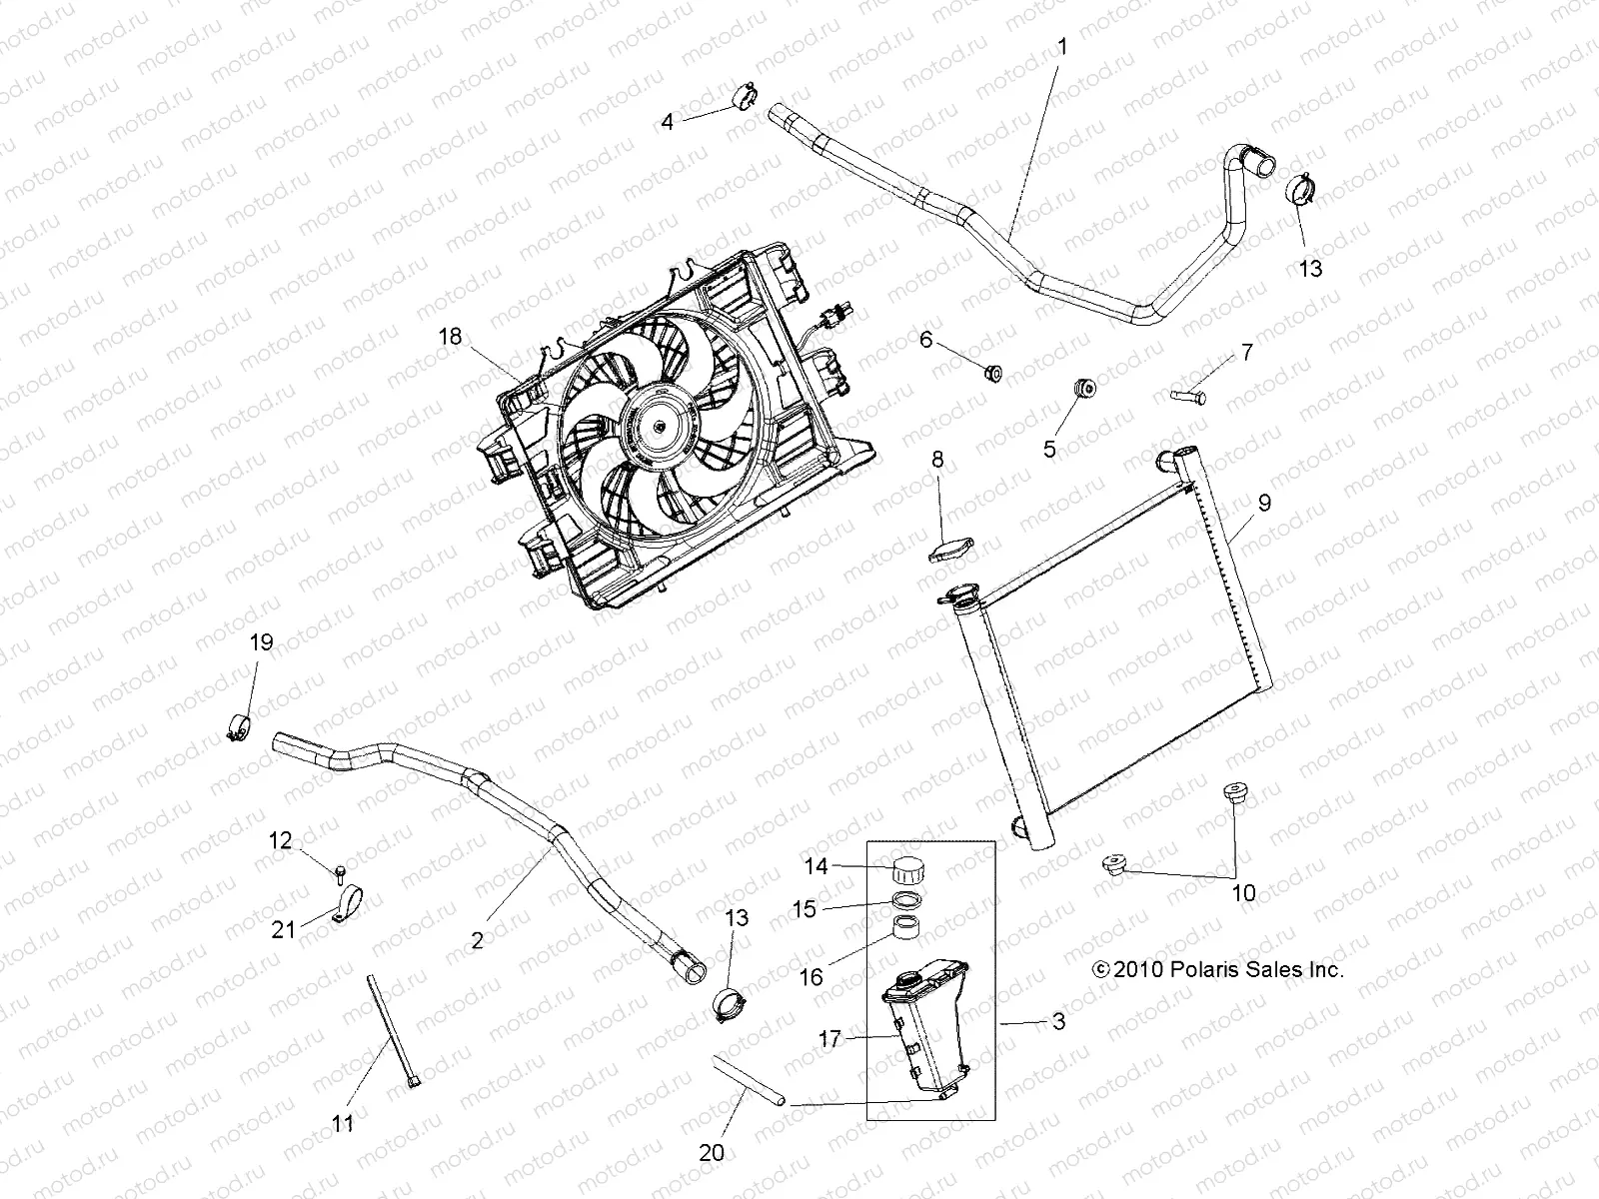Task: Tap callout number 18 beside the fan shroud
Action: point(451,337)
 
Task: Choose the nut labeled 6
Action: point(992,374)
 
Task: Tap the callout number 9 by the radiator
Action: point(1264,503)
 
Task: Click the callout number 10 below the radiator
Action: point(1243,892)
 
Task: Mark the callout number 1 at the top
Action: point(1062,46)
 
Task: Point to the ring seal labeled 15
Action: point(906,899)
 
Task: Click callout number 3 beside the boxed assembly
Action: point(1058,1021)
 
